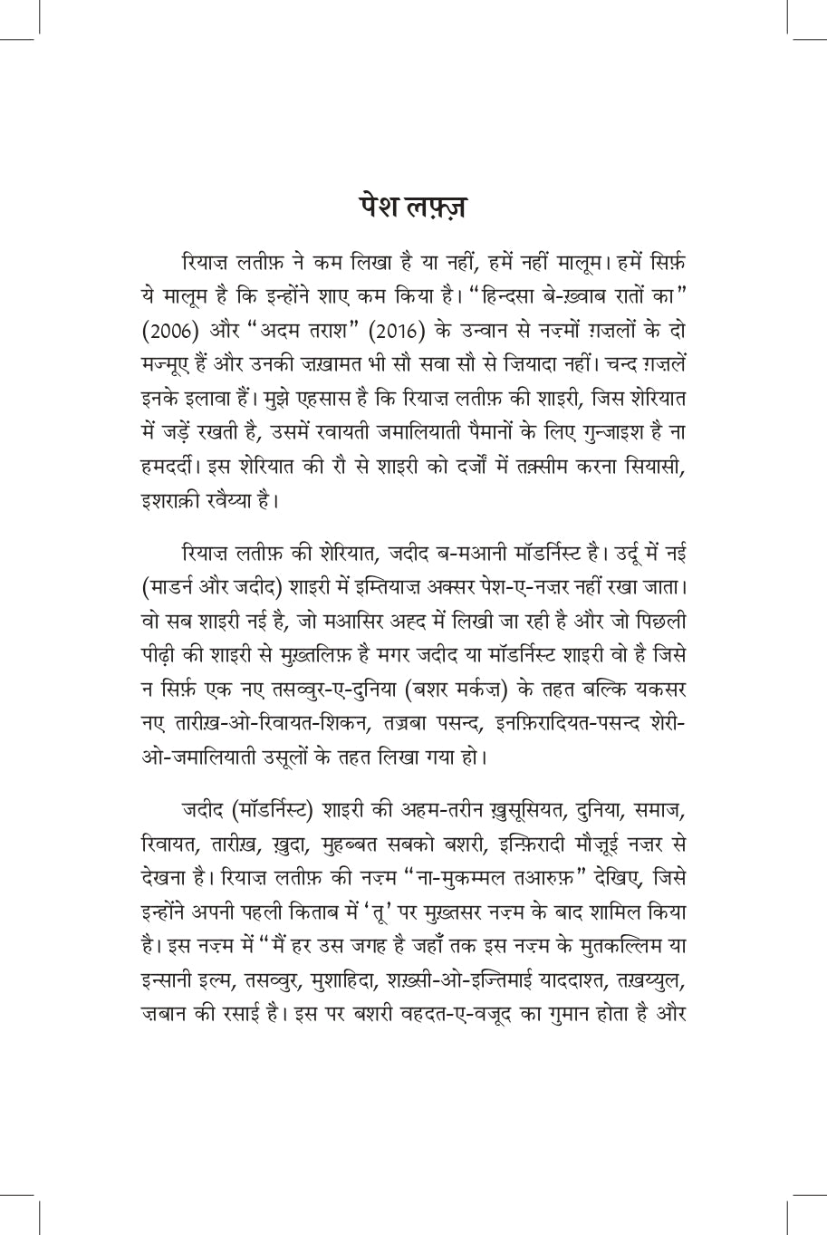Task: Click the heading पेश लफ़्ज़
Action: [413, 207]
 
